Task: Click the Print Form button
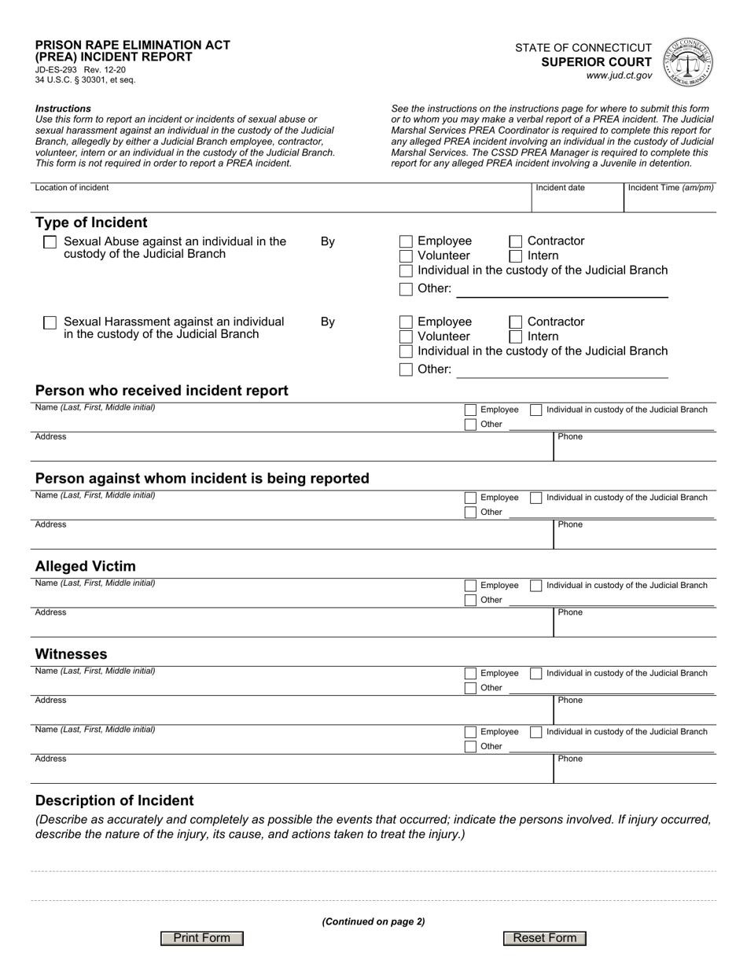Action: tap(201, 938)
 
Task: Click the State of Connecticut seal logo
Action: tap(688, 61)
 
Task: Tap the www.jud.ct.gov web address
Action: tap(619, 75)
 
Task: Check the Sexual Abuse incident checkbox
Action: tap(50, 242)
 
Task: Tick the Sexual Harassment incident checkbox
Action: tap(50, 322)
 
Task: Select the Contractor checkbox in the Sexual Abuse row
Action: tap(516, 241)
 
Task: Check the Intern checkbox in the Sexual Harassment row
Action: tap(516, 336)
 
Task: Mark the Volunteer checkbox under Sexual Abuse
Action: tap(406, 256)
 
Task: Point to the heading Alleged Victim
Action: tap(86, 566)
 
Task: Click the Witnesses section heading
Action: tap(72, 654)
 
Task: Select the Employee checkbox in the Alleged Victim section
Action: tap(470, 586)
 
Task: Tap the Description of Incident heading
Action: tap(115, 800)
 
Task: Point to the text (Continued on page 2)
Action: tap(373, 921)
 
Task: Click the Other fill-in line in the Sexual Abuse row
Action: tap(561, 289)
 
